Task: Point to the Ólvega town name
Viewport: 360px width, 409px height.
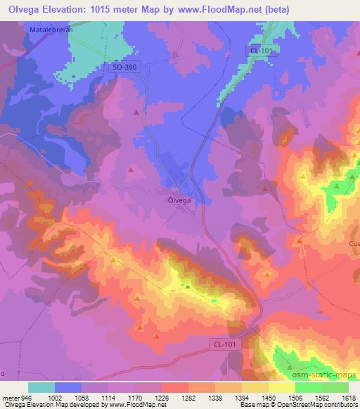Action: tap(180, 200)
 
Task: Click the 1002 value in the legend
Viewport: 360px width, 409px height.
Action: tap(56, 397)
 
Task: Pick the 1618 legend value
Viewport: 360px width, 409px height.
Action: tap(349, 397)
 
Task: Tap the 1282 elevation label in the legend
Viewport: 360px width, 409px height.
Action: tap(188, 397)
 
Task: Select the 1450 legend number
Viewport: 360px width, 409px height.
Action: tap(269, 397)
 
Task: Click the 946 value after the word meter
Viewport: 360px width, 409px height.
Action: tap(27, 397)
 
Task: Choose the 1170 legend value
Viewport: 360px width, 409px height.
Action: tap(136, 397)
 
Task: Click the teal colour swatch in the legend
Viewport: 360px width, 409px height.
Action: tap(41, 387)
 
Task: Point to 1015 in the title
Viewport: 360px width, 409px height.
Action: tap(112, 9)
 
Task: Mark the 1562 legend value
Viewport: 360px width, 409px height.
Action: tap(322, 397)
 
